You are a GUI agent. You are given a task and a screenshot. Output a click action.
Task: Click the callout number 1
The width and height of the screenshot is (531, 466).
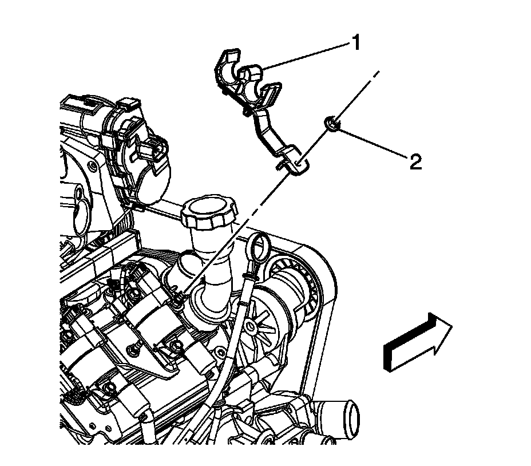pyautogui.click(x=356, y=43)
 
